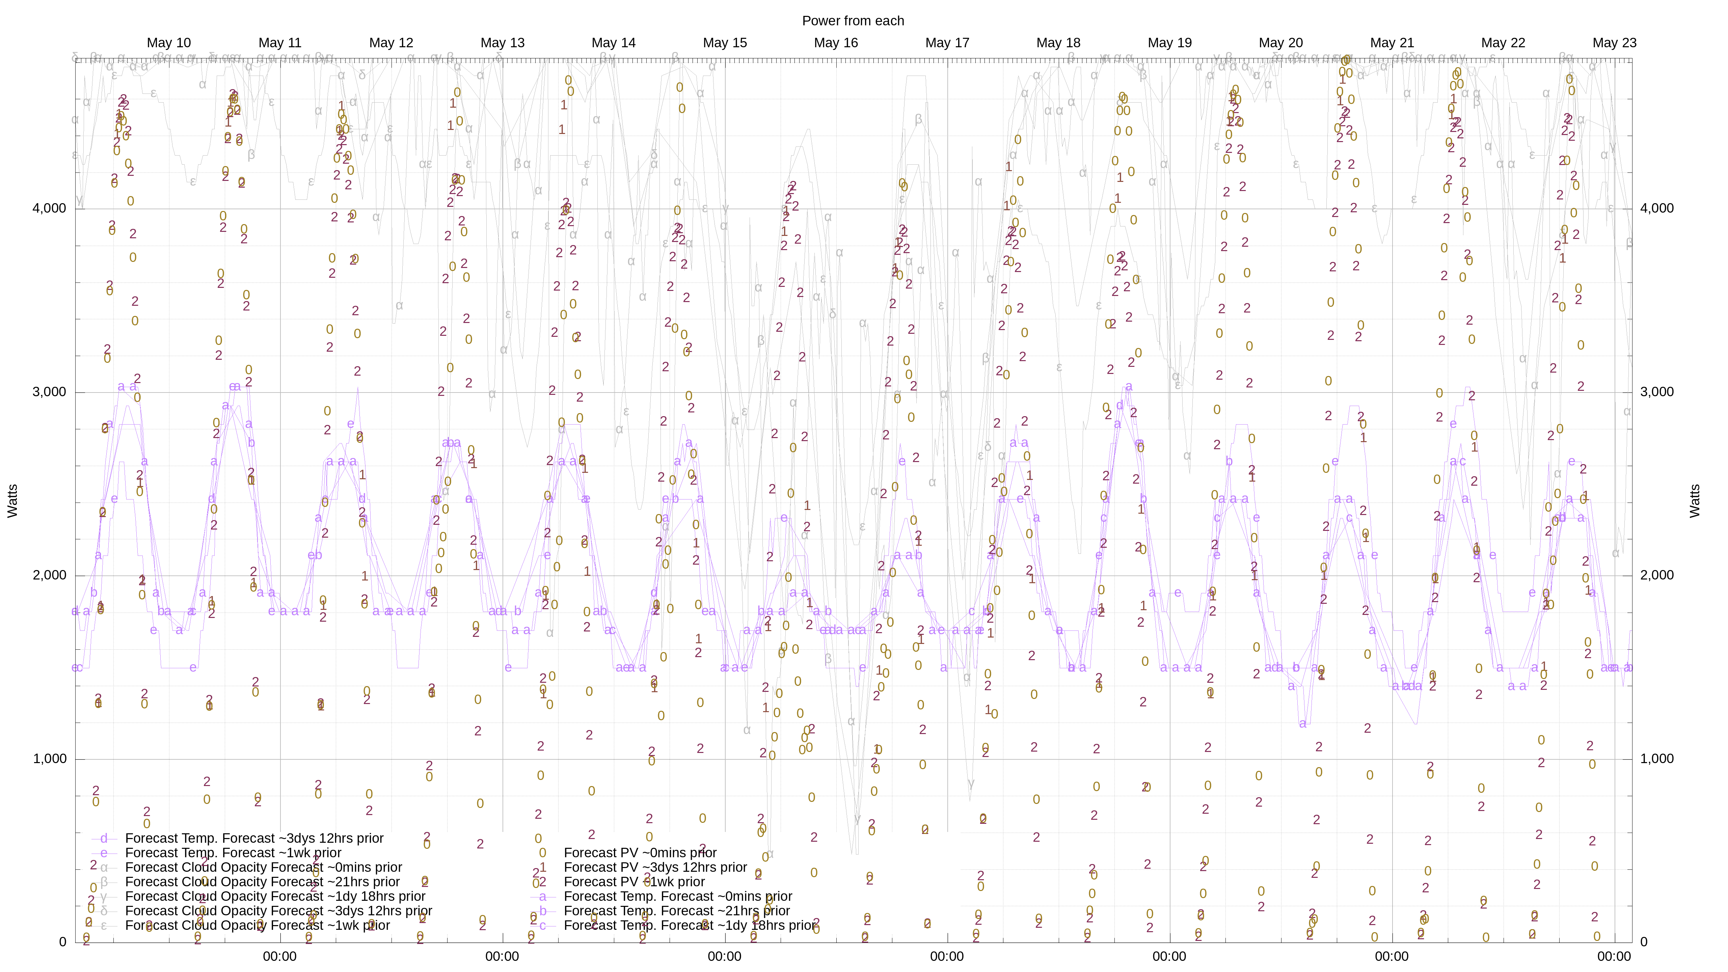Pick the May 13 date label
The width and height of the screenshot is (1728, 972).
tap(503, 43)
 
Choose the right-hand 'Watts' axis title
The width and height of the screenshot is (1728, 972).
tap(1695, 501)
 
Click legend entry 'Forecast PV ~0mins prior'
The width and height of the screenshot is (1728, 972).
tap(640, 853)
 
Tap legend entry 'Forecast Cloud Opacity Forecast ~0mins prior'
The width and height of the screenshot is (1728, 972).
tap(263, 867)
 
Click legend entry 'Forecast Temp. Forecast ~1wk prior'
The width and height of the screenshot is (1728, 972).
tap(233, 853)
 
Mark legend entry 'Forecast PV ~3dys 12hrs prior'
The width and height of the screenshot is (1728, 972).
tap(655, 867)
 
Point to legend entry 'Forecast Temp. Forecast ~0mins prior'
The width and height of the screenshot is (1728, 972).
tap(677, 896)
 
